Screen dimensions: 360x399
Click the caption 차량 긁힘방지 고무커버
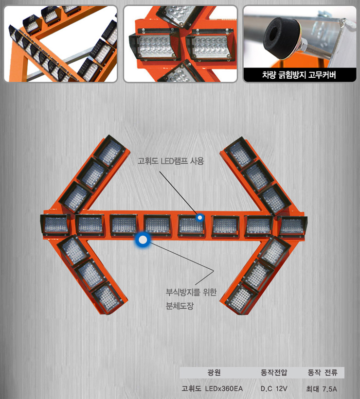click(x=299, y=75)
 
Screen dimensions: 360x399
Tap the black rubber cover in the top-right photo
click(x=278, y=35)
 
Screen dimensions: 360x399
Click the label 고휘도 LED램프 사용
click(x=171, y=161)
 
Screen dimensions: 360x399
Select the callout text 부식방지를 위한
click(x=191, y=292)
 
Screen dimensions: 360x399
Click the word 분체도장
click(x=180, y=306)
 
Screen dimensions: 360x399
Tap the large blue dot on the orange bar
click(x=143, y=240)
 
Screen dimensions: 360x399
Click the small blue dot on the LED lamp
click(x=200, y=218)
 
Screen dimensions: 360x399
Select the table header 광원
click(x=214, y=373)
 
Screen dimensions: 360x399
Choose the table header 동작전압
click(x=273, y=373)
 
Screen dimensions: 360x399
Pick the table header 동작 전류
click(x=322, y=373)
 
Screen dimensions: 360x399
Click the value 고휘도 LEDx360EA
click(x=212, y=389)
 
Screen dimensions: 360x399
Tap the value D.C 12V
click(x=273, y=389)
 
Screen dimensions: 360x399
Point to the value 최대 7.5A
click(x=322, y=389)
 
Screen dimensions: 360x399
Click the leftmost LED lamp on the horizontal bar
click(x=55, y=225)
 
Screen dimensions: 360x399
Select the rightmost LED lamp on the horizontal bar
click(x=292, y=226)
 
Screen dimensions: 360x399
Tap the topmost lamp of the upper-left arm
click(x=110, y=151)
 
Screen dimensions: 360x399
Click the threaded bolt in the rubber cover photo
click(x=316, y=51)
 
